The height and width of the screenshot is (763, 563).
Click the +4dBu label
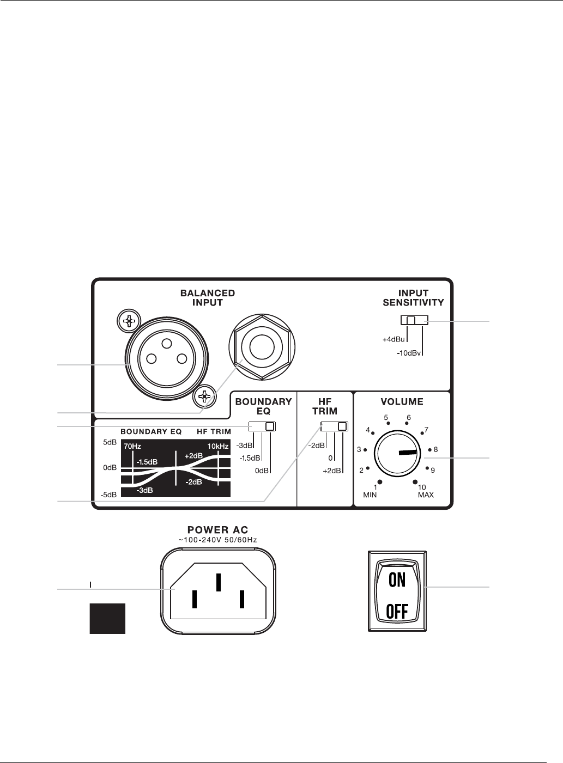(x=394, y=340)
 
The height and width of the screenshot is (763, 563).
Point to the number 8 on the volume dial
(x=435, y=450)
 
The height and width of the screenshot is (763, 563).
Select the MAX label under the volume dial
(x=426, y=495)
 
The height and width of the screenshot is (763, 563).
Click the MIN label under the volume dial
(x=370, y=495)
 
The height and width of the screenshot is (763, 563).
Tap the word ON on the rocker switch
(x=397, y=580)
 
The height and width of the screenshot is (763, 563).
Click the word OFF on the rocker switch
(x=397, y=612)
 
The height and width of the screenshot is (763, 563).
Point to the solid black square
(x=107, y=618)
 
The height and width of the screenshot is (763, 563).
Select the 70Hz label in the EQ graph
(x=132, y=446)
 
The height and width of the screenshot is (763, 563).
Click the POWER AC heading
(x=218, y=530)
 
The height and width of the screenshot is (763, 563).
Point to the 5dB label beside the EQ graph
(x=110, y=442)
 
